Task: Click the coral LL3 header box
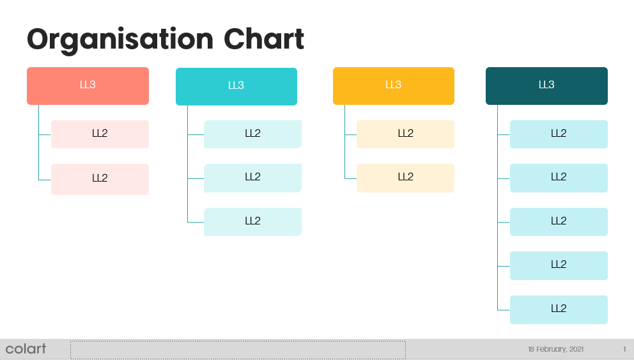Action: pos(88,86)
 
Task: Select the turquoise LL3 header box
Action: pos(236,86)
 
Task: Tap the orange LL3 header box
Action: pos(394,86)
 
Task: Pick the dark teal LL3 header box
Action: pos(546,86)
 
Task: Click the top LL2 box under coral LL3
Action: pos(100,134)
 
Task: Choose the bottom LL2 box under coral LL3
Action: pos(100,179)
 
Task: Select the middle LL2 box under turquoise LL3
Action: pos(252,178)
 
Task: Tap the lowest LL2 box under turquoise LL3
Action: pos(252,222)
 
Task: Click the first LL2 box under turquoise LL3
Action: pos(252,134)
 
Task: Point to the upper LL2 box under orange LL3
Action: pos(406,134)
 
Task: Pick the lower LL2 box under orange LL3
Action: pos(406,178)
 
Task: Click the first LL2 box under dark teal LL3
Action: pos(559,134)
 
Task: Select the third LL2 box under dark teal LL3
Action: pos(559,222)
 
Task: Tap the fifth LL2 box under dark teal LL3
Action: pos(559,310)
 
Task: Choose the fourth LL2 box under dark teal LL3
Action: pos(559,266)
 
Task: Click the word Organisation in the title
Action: pos(120,40)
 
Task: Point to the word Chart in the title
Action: pos(263,39)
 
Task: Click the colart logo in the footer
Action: pos(26,348)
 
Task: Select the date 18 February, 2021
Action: pos(555,349)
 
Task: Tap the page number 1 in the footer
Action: pos(624,349)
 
